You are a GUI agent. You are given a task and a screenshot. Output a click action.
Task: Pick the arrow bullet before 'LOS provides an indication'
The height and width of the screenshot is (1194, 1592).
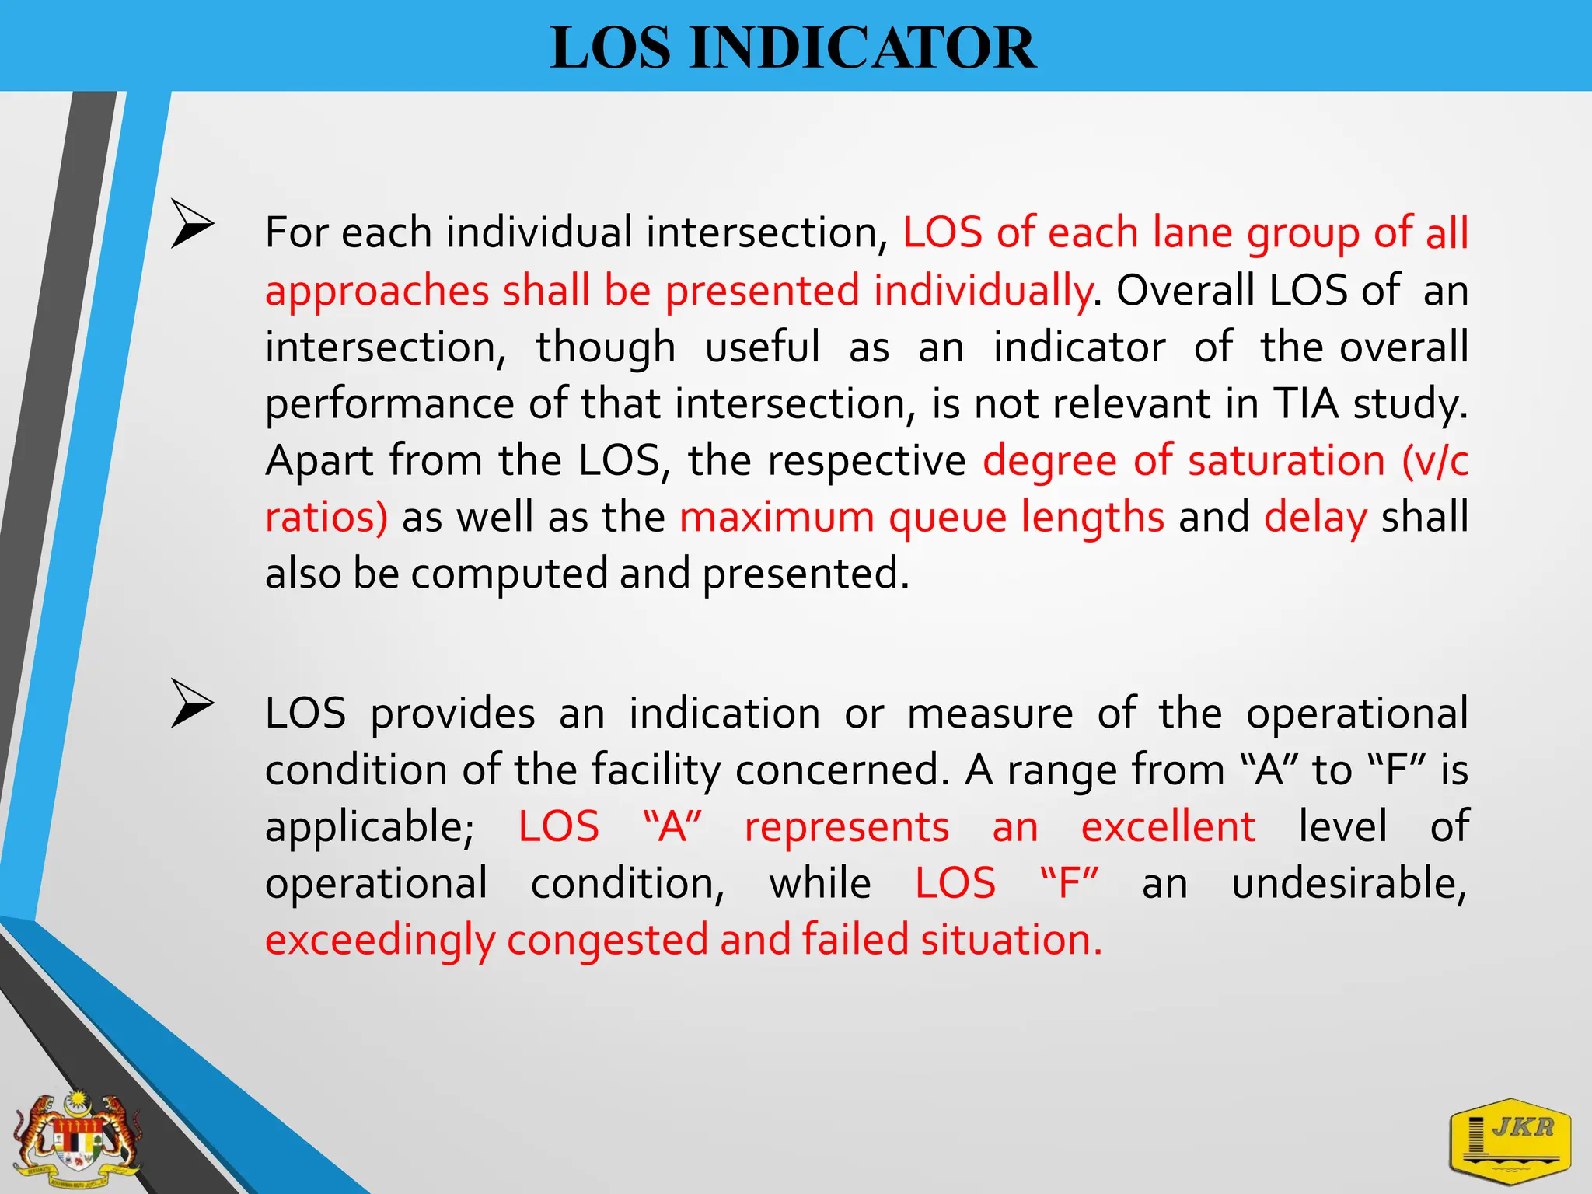(192, 703)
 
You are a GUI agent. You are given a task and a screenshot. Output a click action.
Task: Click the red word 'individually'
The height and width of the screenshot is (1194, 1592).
(983, 291)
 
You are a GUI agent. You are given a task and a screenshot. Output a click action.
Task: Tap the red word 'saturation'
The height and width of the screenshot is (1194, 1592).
(1287, 461)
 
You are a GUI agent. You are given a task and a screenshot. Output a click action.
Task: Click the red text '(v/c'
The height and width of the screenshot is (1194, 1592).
(1434, 461)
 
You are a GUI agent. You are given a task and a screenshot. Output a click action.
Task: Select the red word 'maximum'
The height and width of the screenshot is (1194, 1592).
(777, 518)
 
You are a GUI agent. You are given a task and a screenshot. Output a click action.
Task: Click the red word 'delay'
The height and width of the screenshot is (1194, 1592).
(1315, 518)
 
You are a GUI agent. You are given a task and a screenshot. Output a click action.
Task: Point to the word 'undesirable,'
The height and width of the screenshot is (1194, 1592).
(1349, 884)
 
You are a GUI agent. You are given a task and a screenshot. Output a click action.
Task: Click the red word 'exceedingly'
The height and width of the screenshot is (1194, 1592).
(379, 941)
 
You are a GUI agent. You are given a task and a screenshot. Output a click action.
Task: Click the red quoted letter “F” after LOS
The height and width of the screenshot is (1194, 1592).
(1069, 884)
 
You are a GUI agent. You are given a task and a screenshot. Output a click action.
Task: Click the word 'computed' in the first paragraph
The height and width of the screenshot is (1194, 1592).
(508, 574)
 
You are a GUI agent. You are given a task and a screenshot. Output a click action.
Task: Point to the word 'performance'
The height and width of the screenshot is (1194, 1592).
(389, 404)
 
